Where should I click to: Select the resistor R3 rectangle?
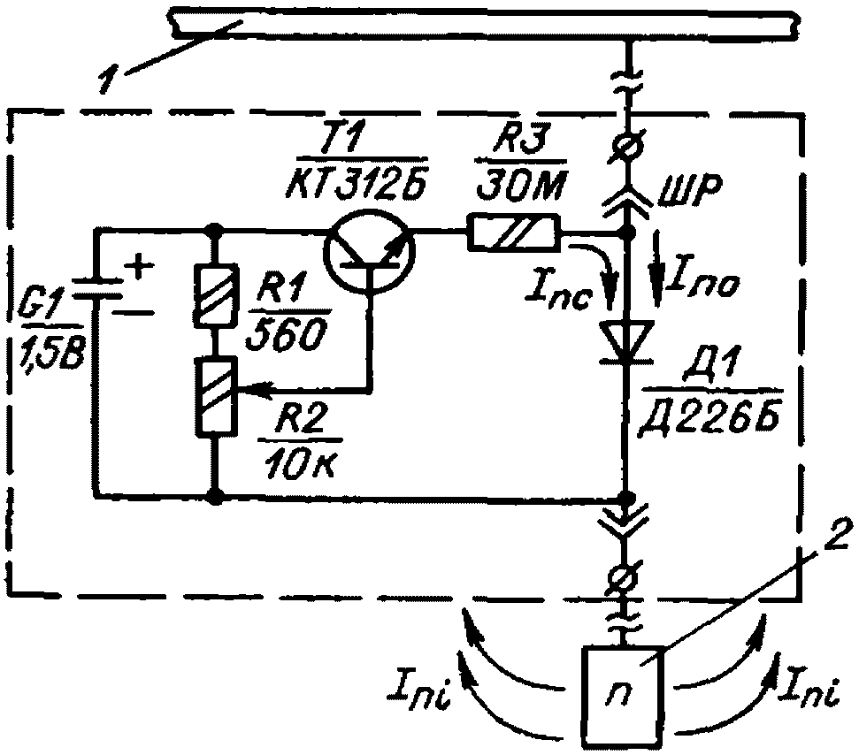(514, 233)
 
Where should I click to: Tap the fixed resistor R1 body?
(217, 294)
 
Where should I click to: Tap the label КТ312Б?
(357, 181)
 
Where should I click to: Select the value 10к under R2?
(303, 464)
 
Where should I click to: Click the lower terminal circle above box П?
(625, 578)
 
